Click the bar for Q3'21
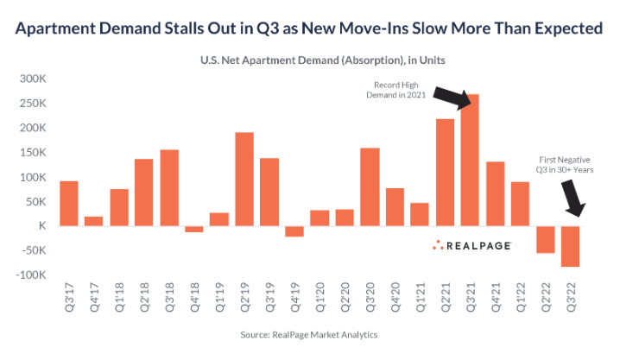pos(470,161)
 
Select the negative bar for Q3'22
pos(570,246)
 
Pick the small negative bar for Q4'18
pos(194,229)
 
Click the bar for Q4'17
pos(94,221)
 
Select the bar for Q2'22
pos(545,239)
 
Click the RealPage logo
pos(471,245)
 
